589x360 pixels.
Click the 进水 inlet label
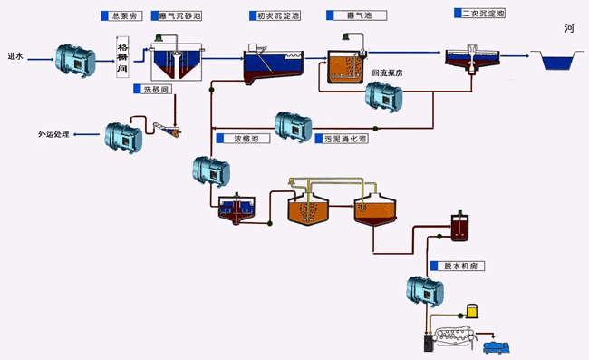(15, 56)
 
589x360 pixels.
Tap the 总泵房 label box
(123, 16)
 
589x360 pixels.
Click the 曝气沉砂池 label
(180, 16)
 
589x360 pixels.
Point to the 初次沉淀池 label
(275, 16)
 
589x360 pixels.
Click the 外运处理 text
(53, 134)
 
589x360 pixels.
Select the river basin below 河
(559, 62)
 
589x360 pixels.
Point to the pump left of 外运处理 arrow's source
(122, 135)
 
